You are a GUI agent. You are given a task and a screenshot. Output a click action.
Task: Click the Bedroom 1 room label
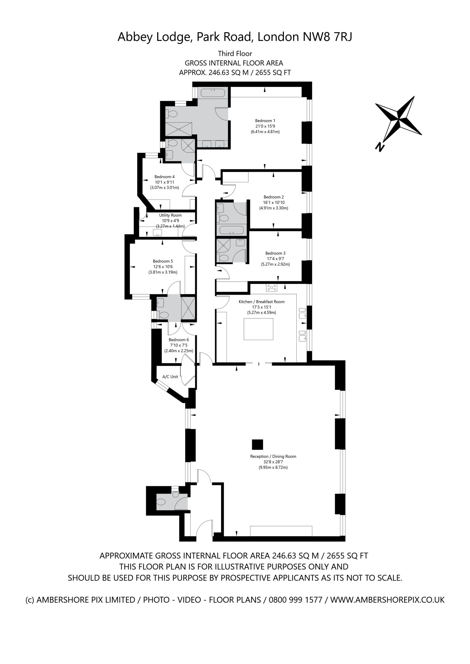click(265, 121)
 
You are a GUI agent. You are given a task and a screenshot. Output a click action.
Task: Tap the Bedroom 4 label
click(164, 177)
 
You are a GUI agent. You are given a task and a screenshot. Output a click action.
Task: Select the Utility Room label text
click(171, 215)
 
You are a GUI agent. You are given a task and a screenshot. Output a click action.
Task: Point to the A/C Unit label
click(170, 377)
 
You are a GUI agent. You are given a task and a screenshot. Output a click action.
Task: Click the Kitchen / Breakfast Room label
click(262, 302)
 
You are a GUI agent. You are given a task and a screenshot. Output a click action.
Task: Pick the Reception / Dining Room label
click(273, 456)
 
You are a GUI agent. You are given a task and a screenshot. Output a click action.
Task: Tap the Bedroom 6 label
click(179, 340)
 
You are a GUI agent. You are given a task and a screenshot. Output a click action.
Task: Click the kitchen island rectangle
click(258, 329)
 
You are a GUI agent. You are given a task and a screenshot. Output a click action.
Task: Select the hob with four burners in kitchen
click(271, 287)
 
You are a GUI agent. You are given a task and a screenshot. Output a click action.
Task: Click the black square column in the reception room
click(257, 445)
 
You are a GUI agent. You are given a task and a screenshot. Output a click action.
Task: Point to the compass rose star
click(399, 118)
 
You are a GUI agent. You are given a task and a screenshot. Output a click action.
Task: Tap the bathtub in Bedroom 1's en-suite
click(213, 93)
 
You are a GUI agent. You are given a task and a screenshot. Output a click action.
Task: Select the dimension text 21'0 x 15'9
click(265, 126)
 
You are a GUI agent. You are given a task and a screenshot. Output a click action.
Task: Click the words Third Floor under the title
click(235, 53)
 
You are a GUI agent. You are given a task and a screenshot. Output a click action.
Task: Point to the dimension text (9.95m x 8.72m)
click(273, 467)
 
